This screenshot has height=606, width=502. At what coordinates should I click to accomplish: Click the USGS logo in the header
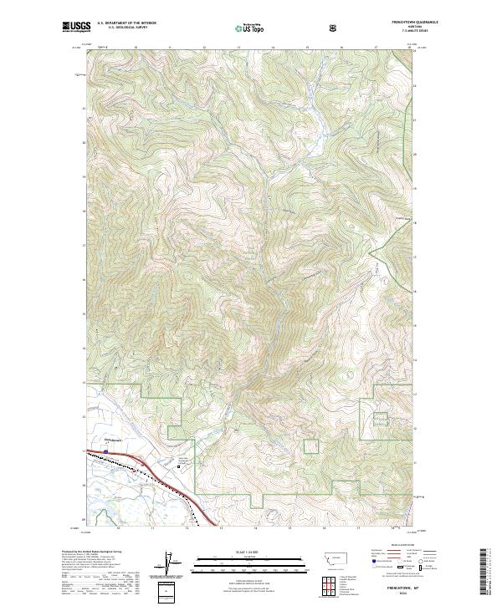point(77,28)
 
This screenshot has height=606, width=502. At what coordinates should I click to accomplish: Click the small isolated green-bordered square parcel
point(311,446)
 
